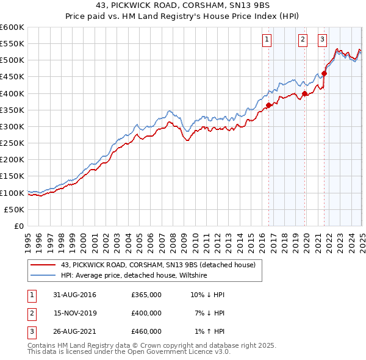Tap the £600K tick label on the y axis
tap(12, 27)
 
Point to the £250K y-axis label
tap(12, 143)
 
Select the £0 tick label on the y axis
tap(18, 226)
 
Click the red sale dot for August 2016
tap(268, 105)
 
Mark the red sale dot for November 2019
tap(304, 93)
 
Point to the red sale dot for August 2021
tap(324, 73)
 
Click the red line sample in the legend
tap(43, 264)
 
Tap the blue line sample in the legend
tap(43, 275)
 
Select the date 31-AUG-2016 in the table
tap(75, 295)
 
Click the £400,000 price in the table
tap(146, 313)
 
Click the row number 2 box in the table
tap(30, 313)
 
